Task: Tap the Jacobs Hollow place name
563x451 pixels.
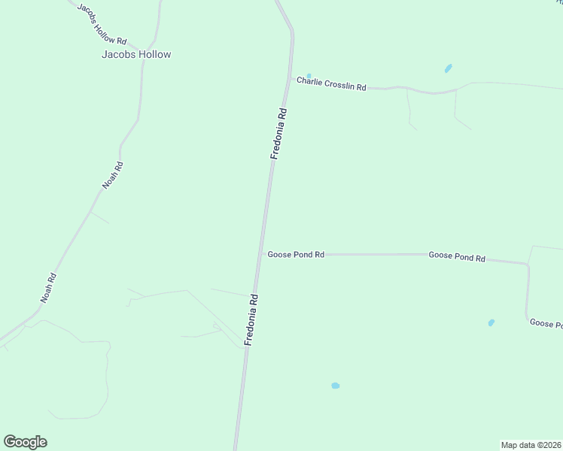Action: click(x=136, y=55)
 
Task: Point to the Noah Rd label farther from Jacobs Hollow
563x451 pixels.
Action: click(x=48, y=288)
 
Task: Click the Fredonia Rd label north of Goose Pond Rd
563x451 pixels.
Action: click(x=278, y=134)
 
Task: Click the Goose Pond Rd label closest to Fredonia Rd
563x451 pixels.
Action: click(x=296, y=255)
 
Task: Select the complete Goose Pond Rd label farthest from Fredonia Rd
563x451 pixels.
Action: click(x=457, y=256)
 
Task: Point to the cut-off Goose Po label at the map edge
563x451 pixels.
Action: click(x=546, y=324)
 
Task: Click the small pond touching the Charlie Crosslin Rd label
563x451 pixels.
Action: click(x=309, y=76)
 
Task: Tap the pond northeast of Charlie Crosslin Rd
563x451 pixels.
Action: click(x=449, y=68)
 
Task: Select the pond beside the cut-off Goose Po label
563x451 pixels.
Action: click(x=491, y=322)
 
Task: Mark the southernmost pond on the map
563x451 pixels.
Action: click(x=336, y=386)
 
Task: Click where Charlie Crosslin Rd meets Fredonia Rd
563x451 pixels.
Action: click(x=290, y=78)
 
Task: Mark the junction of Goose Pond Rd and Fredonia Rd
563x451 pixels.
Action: click(x=260, y=254)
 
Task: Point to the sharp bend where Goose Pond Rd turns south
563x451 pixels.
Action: click(x=527, y=265)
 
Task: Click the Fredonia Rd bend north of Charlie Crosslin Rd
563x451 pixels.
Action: click(x=291, y=32)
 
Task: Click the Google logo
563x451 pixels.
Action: click(x=25, y=442)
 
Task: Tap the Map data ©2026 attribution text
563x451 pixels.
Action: click(x=531, y=445)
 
